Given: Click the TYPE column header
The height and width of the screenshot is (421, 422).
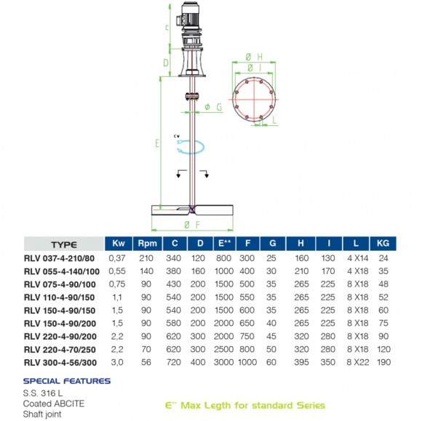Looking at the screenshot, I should click(63, 244).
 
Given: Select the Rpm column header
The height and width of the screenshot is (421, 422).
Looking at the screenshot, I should click(148, 244).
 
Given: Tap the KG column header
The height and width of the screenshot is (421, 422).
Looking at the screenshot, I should click(384, 244).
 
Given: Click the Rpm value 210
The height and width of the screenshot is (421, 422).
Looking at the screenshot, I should click(148, 257).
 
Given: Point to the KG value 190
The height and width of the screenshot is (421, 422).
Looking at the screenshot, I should click(384, 362).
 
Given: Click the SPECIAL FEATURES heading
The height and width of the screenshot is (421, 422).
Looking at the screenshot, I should click(67, 380).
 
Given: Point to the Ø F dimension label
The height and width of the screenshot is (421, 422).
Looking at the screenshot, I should click(191, 224).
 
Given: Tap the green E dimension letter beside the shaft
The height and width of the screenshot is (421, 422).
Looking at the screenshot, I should click(157, 143).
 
